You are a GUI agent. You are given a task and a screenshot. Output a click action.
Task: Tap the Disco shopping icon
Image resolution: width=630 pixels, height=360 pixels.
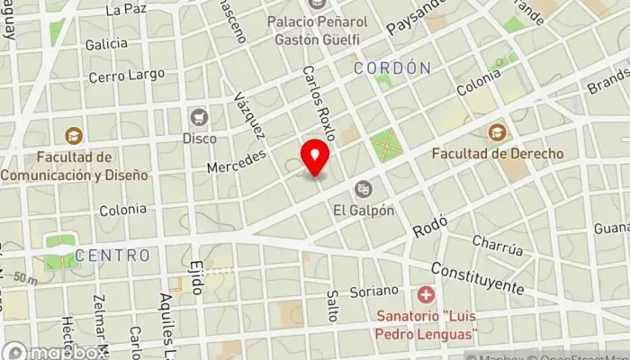pyautogui.click(x=199, y=116)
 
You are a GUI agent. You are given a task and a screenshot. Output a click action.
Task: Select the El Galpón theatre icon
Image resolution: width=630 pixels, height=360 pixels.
pyautogui.click(x=364, y=188)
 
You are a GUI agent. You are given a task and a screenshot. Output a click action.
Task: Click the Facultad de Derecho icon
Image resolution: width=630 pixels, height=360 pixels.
pyautogui.click(x=497, y=132)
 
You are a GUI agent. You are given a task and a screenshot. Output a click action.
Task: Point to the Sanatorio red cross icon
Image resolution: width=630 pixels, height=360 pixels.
pyautogui.click(x=426, y=294)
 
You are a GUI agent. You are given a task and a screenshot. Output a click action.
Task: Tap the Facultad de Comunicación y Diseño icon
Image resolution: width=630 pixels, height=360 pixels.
pyautogui.click(x=75, y=136)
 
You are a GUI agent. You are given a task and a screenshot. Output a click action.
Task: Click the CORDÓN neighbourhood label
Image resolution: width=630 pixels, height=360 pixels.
pyautogui.click(x=391, y=68)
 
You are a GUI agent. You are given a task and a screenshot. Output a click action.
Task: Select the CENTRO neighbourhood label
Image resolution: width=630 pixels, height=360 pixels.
pyautogui.click(x=112, y=256)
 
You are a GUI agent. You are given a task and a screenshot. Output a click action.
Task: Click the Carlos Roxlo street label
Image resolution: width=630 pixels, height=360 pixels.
pyautogui.click(x=319, y=103)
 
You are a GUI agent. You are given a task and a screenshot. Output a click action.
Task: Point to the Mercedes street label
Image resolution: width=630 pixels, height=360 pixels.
pyautogui.click(x=238, y=162)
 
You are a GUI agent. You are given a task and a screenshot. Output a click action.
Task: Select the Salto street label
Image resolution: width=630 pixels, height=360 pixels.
pyautogui.click(x=332, y=306)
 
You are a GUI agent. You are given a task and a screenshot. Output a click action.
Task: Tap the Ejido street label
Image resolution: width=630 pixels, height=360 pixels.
pyautogui.click(x=197, y=279)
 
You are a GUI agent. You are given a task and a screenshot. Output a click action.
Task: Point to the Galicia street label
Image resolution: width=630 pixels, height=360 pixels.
pyautogui.click(x=105, y=43)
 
